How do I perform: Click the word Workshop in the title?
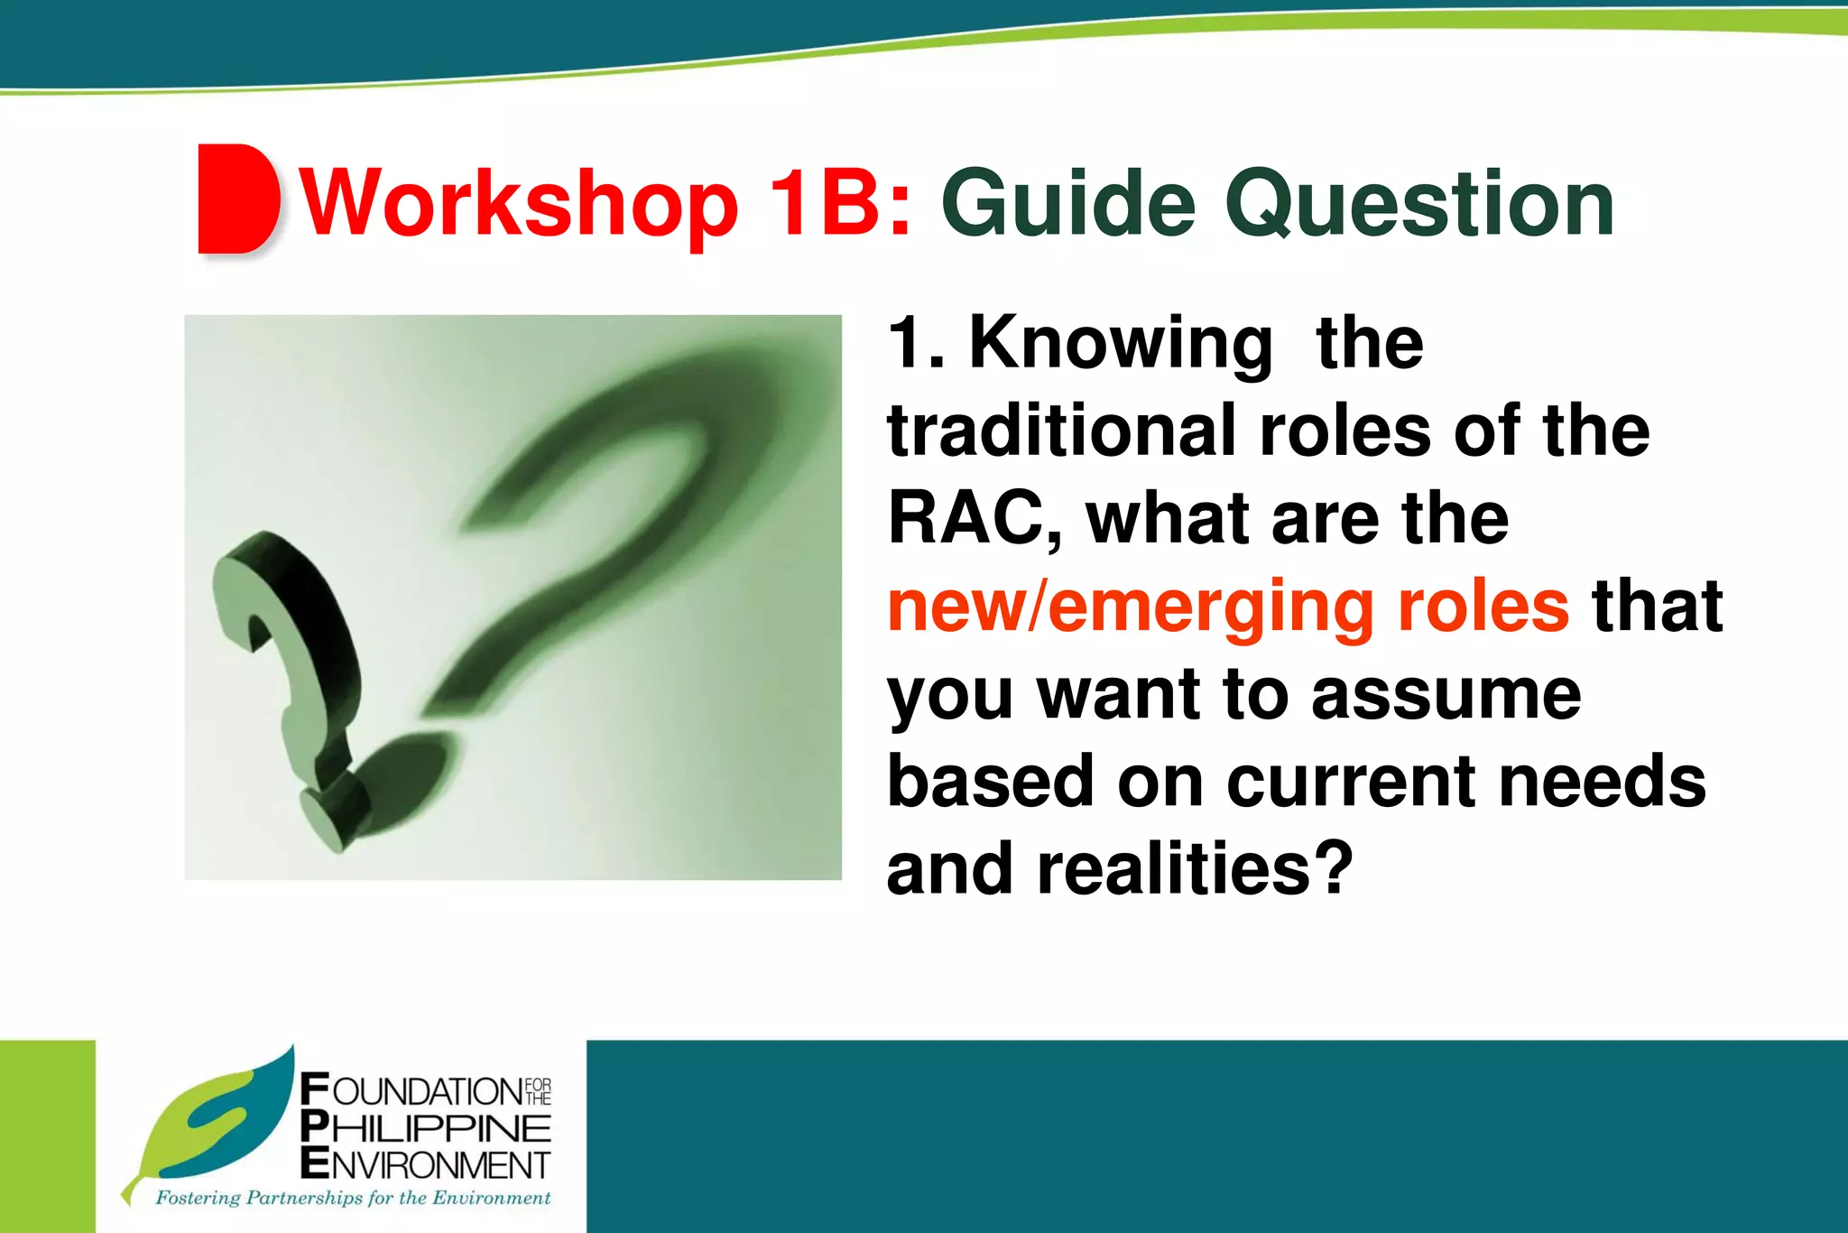point(519,206)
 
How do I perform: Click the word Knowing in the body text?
point(1121,345)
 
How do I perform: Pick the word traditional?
point(1061,431)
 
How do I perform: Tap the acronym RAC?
point(975,519)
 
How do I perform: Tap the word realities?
point(1195,868)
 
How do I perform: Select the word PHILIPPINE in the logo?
point(425,1127)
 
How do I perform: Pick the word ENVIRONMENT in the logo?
point(425,1163)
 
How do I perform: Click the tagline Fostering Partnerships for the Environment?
point(353,1199)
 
